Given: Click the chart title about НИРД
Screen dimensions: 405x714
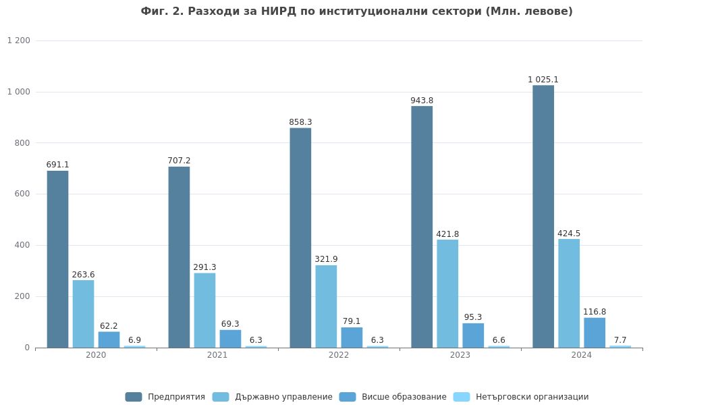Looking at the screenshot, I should [356, 11].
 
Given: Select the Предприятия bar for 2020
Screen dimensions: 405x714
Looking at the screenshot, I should [57, 259].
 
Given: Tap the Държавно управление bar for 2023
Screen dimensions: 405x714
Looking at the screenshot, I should [447, 294].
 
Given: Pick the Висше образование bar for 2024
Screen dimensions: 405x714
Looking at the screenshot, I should [595, 333].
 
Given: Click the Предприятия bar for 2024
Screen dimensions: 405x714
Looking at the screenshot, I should [543, 216].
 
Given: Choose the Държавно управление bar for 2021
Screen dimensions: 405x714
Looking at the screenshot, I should [204, 310].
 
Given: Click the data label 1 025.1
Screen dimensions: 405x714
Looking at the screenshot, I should [543, 80].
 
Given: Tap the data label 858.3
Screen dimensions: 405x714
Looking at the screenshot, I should [300, 122].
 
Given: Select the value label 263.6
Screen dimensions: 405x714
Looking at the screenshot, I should [83, 275].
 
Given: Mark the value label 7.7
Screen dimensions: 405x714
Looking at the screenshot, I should [620, 340].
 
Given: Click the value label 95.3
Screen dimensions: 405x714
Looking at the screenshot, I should [473, 317].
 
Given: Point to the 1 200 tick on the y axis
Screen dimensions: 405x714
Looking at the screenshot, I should [19, 40].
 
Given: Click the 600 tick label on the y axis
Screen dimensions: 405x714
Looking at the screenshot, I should [23, 194].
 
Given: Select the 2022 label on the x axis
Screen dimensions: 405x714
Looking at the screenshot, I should [339, 355].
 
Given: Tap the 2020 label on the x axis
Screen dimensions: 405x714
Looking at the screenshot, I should [96, 355].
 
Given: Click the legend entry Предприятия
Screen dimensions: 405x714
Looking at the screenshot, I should [165, 397].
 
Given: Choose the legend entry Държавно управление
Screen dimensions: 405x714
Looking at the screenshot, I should [273, 397].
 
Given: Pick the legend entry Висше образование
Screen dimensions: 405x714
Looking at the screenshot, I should [393, 397].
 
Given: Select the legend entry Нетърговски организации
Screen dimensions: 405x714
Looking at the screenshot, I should [521, 397].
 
